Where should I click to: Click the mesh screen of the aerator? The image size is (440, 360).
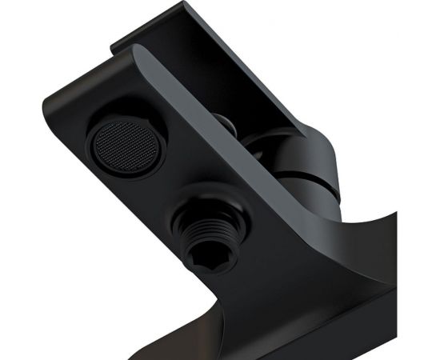coord(122,146)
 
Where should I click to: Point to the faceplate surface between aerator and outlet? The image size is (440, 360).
coord(160,192)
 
